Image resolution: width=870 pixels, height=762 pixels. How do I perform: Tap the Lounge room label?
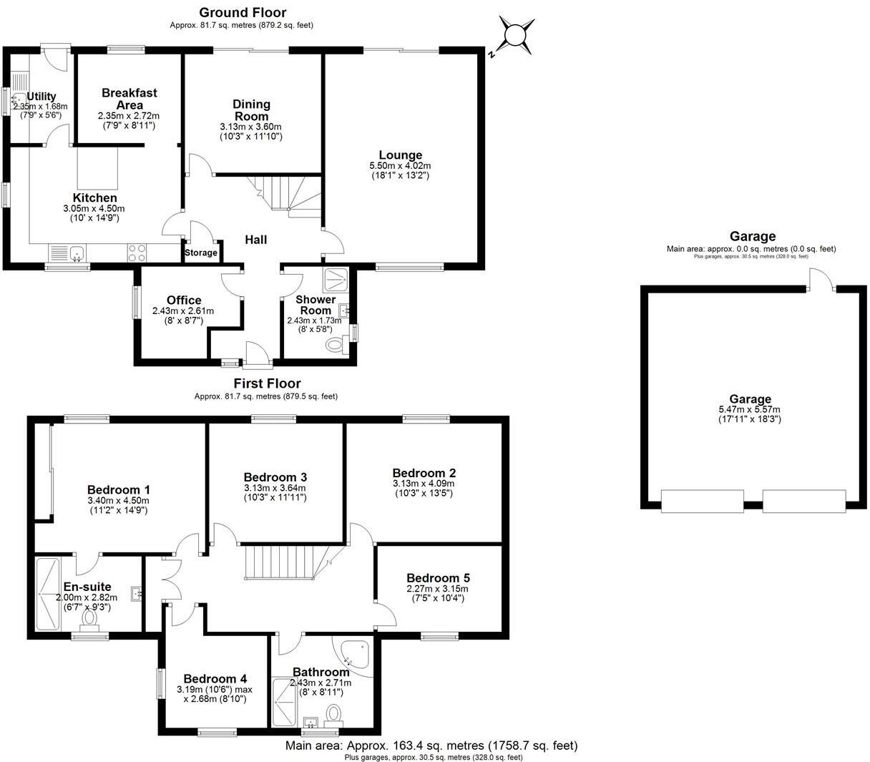click(x=400, y=155)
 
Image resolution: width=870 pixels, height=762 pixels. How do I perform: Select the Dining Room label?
click(x=251, y=110)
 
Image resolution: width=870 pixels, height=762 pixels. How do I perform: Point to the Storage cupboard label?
click(x=201, y=253)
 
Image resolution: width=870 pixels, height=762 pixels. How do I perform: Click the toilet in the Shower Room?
click(x=334, y=346)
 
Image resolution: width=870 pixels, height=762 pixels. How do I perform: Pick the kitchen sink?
click(x=68, y=253)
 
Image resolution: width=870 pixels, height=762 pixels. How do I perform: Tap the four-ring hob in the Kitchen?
click(x=137, y=253)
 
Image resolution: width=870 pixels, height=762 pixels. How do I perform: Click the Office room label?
click(x=184, y=301)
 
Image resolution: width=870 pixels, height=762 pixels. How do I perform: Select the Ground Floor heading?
click(x=243, y=12)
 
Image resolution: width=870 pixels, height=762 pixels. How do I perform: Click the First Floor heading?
click(x=265, y=384)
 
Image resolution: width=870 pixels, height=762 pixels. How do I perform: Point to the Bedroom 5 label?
click(x=438, y=578)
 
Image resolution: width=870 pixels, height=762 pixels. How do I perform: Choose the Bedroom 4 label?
click(x=215, y=679)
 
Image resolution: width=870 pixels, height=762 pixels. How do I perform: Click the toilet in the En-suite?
click(x=91, y=617)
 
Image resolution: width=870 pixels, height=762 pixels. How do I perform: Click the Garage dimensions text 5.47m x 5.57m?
click(x=750, y=409)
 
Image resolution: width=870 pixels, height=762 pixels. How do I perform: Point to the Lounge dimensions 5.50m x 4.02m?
click(x=400, y=165)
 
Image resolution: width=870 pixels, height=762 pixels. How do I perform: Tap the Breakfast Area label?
click(x=129, y=99)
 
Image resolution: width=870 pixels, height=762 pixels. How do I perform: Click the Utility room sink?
click(x=19, y=100)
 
